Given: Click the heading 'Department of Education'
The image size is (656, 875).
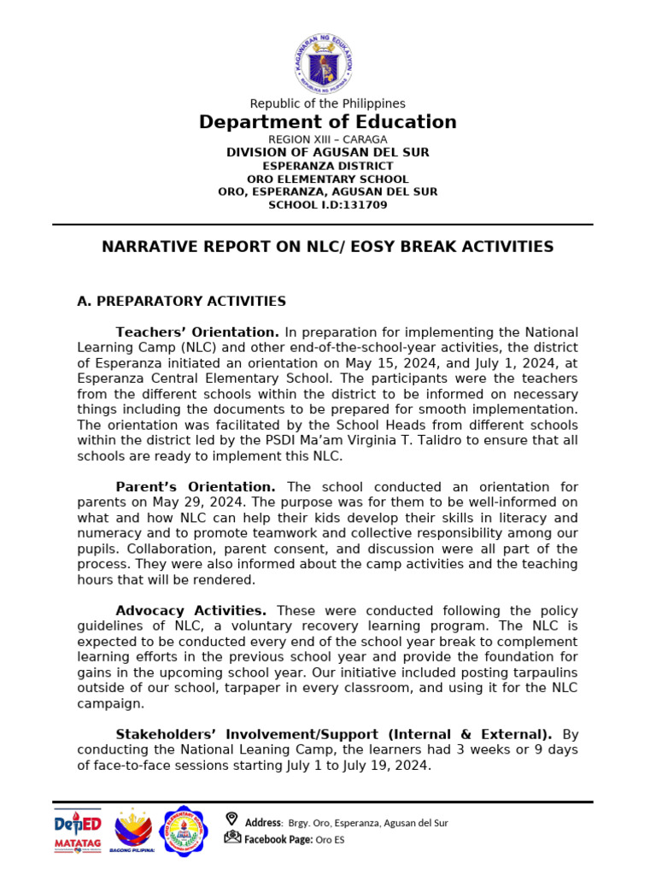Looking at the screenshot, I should tap(327, 122).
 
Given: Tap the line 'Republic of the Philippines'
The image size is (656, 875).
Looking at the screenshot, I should tap(327, 103).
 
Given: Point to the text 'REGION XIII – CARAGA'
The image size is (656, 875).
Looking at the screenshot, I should tap(327, 139).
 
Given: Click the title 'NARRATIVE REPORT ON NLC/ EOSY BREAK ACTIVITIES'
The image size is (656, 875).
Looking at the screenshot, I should tap(327, 247).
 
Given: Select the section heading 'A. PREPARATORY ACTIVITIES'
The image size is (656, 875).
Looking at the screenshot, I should tap(181, 302).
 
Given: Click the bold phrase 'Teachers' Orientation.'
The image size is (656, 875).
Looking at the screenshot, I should tap(197, 332).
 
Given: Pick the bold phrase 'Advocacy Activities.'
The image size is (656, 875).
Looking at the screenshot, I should tap(191, 611).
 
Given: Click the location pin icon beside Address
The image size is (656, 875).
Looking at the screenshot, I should tap(231, 819).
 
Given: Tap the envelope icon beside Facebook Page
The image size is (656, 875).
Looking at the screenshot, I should tap(232, 837).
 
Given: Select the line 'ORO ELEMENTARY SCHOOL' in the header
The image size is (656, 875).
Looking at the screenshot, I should tap(327, 179).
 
